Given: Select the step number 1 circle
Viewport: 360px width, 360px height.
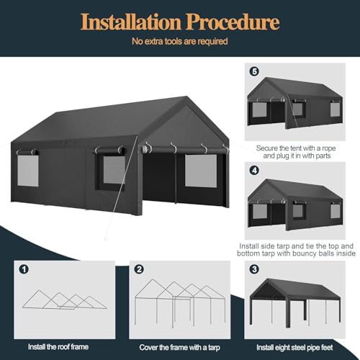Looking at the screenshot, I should (24, 270).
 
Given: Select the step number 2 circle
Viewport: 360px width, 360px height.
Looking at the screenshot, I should (139, 270).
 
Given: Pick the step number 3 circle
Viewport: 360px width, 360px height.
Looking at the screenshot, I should (253, 270).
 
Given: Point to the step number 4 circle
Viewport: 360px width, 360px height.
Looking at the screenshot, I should (253, 170).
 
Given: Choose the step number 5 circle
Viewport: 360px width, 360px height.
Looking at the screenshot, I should (253, 71).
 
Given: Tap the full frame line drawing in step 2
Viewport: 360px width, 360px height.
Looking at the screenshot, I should (176, 302).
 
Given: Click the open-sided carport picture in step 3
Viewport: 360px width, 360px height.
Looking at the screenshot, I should (295, 302).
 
